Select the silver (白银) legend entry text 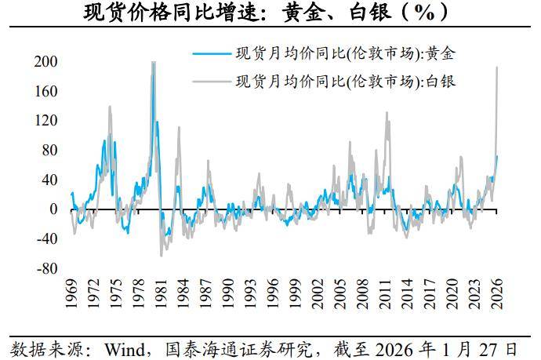(346, 80)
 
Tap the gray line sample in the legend (211, 80)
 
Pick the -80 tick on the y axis (47, 268)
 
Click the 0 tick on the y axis (53, 209)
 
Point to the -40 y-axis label (47, 239)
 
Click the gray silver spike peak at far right (497, 67)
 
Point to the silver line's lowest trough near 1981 (162, 256)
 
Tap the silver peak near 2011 (387, 112)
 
